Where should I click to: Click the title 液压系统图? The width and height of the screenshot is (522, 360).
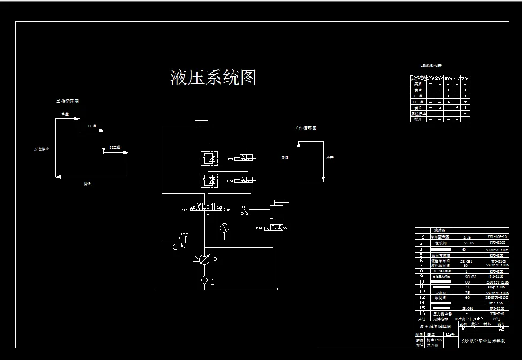pos(213,78)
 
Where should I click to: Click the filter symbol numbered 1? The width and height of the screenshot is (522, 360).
pos(203,280)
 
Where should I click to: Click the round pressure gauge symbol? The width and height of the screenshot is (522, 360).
pos(224,228)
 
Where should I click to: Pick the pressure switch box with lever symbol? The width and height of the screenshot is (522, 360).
pos(245,209)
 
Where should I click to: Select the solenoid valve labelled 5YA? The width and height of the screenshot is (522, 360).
pos(276,228)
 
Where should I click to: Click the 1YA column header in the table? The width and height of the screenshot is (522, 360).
pos(430,78)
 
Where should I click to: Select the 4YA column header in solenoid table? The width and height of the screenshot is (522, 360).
pos(457,78)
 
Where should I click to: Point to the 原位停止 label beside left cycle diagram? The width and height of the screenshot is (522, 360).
pos(42,149)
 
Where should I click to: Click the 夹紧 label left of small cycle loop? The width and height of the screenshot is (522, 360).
pos(285,158)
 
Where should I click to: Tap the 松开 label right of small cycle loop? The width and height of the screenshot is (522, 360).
pos(329,158)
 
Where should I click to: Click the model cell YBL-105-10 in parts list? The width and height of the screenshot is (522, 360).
pos(497,236)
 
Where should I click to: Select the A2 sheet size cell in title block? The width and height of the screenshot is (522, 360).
pos(501,329)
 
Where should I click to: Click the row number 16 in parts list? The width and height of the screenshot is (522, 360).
pos(422,313)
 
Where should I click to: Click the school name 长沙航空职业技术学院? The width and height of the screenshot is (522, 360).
pos(482,340)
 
